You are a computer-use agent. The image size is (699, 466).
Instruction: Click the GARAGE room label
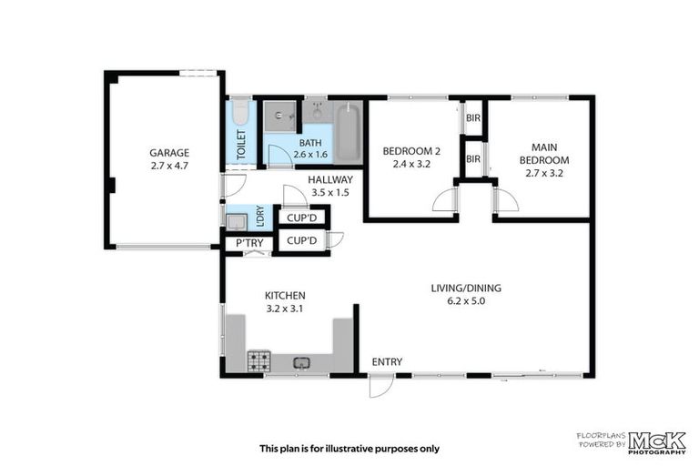coord(168,153)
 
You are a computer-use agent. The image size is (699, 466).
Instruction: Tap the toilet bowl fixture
coord(239,114)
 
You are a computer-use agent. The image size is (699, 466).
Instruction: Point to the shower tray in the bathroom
coord(279,116)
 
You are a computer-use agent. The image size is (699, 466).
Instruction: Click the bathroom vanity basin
coord(317,114)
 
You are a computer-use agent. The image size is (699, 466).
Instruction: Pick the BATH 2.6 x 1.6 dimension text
coord(310,155)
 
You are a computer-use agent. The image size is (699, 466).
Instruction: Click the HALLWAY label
coord(329,180)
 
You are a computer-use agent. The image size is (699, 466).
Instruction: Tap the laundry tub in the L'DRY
coord(235,219)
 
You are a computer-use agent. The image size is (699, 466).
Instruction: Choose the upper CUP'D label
coord(300,218)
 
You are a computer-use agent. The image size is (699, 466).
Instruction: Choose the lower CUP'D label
coord(300,241)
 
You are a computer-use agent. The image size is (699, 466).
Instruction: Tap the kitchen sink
coord(301,363)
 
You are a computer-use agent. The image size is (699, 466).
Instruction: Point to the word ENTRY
coord(386,362)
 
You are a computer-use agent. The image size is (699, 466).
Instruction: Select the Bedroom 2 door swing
coord(443,199)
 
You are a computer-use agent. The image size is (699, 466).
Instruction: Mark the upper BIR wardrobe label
coord(472,118)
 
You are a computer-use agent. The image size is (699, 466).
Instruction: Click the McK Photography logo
coord(655,441)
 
